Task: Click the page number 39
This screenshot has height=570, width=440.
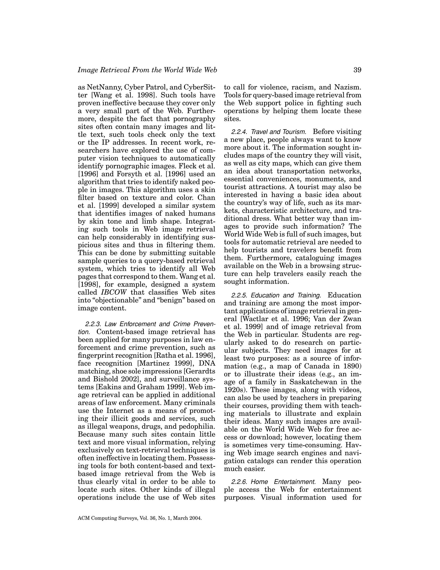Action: [x=357, y=70]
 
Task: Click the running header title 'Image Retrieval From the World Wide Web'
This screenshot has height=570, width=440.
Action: [x=147, y=70]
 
